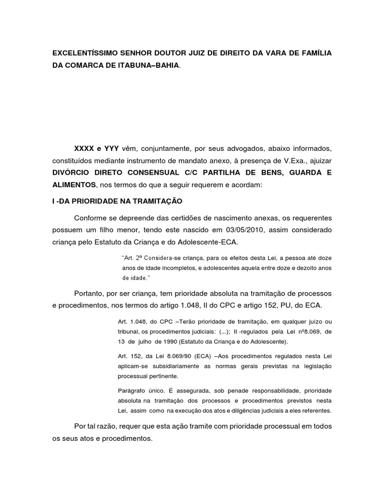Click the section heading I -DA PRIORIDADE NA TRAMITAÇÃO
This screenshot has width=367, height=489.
(110, 202)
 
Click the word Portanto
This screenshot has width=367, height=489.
(89, 292)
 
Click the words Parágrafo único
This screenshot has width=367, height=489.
(140, 391)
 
